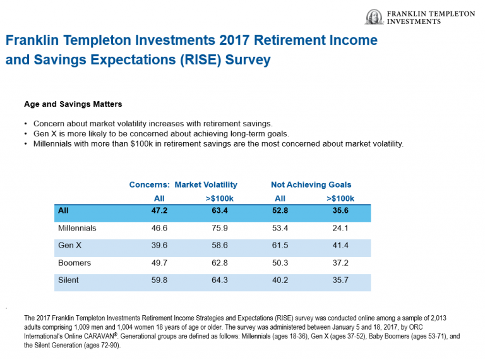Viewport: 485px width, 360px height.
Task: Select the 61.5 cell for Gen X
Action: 280,245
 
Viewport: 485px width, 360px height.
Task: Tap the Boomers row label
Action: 74,263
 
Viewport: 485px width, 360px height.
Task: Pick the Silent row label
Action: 68,280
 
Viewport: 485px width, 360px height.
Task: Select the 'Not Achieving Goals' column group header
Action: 311,184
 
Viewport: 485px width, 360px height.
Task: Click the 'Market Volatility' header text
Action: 206,184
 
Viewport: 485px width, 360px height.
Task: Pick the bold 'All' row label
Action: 63,210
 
